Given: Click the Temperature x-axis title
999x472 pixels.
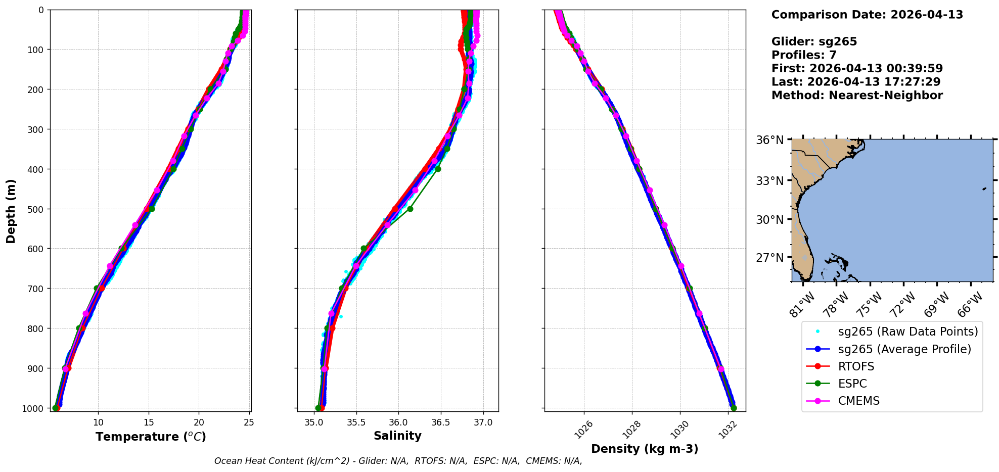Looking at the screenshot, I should pyautogui.click(x=151, y=437).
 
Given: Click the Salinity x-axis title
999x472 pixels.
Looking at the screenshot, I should pyautogui.click(x=397, y=436).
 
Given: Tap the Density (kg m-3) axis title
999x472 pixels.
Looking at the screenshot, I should pyautogui.click(x=645, y=449).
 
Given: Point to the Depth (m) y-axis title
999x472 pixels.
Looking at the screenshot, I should pyautogui.click(x=11, y=211).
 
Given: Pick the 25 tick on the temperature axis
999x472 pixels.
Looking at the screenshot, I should pyautogui.click(x=249, y=422).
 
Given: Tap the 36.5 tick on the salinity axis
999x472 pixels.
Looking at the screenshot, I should pyautogui.click(x=440, y=422).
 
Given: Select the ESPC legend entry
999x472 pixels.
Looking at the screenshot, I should pyautogui.click(x=852, y=384).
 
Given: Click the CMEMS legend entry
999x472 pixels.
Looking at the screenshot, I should pyautogui.click(x=858, y=401).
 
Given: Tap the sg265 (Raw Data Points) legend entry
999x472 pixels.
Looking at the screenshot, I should pyautogui.click(x=907, y=332).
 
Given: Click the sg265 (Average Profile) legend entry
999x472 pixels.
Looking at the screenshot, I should pyautogui.click(x=904, y=349).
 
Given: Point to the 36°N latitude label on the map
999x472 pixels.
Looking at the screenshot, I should pyautogui.click(x=769, y=140).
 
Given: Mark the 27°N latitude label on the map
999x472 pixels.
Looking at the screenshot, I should pyautogui.click(x=769, y=258).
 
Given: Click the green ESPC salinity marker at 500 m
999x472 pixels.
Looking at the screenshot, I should pyautogui.click(x=410, y=209).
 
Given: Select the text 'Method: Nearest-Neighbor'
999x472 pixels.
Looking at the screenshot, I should pyautogui.click(x=857, y=96).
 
